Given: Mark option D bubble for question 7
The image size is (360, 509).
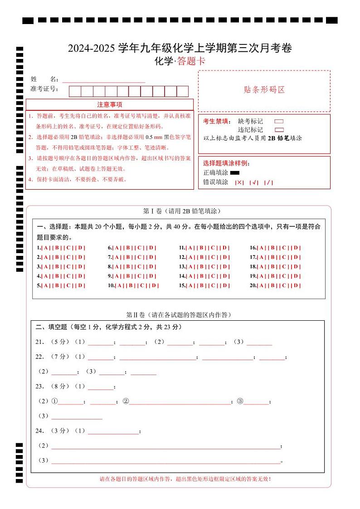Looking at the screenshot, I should point(151,257).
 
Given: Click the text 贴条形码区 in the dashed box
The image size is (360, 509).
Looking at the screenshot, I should point(264,89).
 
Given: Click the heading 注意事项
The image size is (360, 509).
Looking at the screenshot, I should point(109,105).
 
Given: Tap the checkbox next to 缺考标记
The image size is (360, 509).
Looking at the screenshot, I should point(279,122).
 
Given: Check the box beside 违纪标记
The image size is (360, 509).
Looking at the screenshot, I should point(279,130).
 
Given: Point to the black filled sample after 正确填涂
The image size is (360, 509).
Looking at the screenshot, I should point(234,173).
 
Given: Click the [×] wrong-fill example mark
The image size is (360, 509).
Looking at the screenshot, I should point(239,182).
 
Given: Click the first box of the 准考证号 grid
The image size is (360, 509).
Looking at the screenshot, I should point(75,91).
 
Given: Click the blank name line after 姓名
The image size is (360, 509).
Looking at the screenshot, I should point(103,79).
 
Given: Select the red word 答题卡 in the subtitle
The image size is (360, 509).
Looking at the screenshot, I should point(191,61).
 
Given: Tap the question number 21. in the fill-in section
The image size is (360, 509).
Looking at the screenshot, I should point(40,342).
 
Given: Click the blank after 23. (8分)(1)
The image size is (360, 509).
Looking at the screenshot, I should point(100,387).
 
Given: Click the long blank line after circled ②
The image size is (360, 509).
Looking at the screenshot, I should point(180,402).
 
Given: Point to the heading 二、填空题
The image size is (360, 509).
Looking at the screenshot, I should point(51,327).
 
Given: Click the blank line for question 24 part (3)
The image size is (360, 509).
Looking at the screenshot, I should point(165,461).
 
